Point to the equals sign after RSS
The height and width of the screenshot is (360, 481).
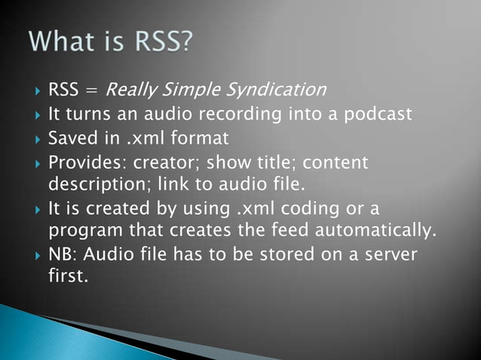[90, 92]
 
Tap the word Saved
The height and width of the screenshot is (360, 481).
[70, 139]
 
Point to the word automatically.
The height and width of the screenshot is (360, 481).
[388, 228]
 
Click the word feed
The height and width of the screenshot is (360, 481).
[297, 228]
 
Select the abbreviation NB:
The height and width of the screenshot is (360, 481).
[62, 254]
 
